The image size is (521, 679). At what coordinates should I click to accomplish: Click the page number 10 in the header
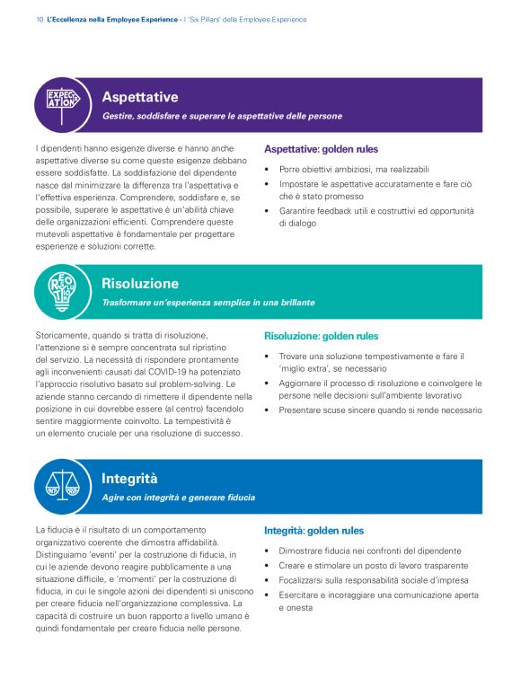[39, 19]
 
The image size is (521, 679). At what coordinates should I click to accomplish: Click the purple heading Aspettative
[139, 97]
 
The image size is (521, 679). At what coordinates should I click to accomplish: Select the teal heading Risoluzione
[140, 284]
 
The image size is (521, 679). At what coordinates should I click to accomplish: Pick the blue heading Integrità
[129, 479]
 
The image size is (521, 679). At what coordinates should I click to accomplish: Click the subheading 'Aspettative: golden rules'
[321, 149]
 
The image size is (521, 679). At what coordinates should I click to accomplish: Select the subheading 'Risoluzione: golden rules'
[321, 336]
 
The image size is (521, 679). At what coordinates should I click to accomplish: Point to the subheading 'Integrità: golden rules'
[313, 531]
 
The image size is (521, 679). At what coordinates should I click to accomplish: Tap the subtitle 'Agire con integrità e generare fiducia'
[177, 498]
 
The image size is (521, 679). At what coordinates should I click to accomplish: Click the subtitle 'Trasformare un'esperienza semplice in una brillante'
[208, 303]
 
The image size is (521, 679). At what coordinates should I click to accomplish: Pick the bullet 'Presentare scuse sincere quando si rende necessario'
[380, 410]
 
